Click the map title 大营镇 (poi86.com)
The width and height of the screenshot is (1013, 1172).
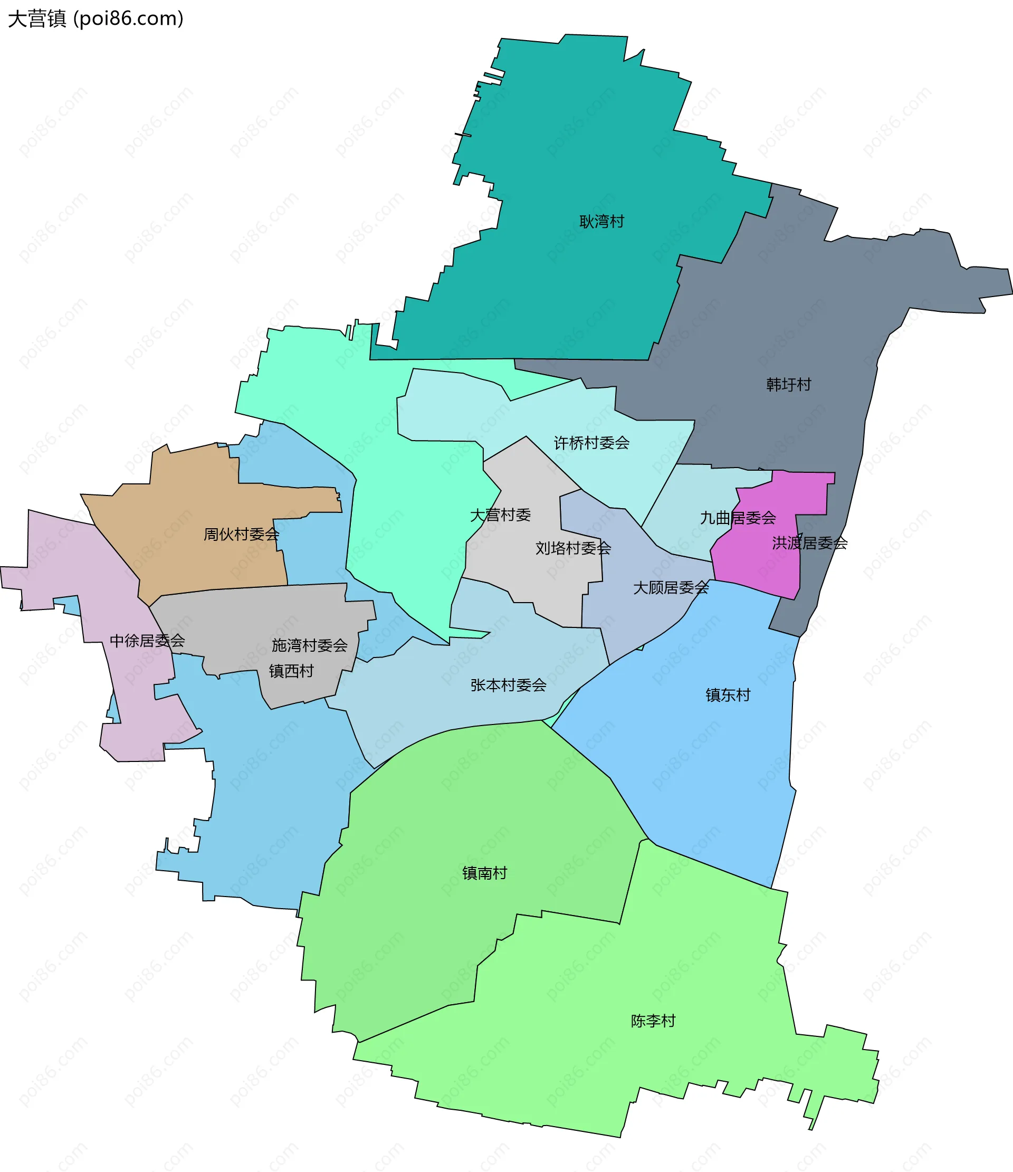point(95,18)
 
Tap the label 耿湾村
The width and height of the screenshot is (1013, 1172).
point(601,221)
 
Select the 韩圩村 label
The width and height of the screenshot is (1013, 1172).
point(788,385)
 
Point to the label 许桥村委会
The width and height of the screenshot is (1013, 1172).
point(591,443)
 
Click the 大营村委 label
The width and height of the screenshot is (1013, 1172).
point(500,514)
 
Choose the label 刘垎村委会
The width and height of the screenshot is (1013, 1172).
point(573,548)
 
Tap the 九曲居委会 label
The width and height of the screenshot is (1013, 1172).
point(738,518)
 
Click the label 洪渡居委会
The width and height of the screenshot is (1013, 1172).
point(809,543)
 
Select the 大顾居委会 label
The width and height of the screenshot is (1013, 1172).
point(670,588)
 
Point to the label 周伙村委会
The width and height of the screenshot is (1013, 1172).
point(241,534)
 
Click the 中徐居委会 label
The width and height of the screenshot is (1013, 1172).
point(147,640)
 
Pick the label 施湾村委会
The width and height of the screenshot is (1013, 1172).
point(309,645)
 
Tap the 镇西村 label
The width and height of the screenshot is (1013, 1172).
point(291,671)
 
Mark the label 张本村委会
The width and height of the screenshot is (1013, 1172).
point(508,685)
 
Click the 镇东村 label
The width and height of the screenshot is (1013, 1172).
point(728,694)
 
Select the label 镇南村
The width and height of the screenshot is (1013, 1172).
point(484,873)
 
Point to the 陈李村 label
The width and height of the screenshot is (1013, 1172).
point(653,1021)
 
